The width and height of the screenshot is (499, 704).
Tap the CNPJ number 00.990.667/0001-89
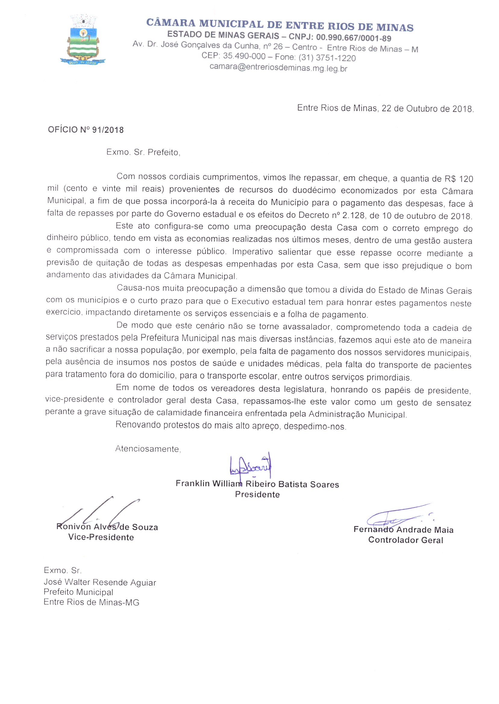pyautogui.click(x=353, y=38)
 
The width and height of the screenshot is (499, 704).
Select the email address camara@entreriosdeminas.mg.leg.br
pyautogui.click(x=278, y=67)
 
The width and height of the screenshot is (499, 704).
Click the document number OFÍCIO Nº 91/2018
pyautogui.click(x=86, y=130)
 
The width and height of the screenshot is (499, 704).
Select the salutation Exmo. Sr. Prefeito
pyautogui.click(x=143, y=152)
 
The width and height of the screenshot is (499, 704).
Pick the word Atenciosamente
pyautogui.click(x=148, y=449)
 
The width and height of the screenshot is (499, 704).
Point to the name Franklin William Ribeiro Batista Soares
pyautogui.click(x=257, y=484)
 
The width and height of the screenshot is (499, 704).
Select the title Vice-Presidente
pyautogui.click(x=101, y=537)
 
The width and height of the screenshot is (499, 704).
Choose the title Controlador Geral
pyautogui.click(x=406, y=540)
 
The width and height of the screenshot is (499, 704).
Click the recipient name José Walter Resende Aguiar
pyautogui.click(x=100, y=582)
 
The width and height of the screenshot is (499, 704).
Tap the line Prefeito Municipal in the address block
pyautogui.click(x=78, y=592)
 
